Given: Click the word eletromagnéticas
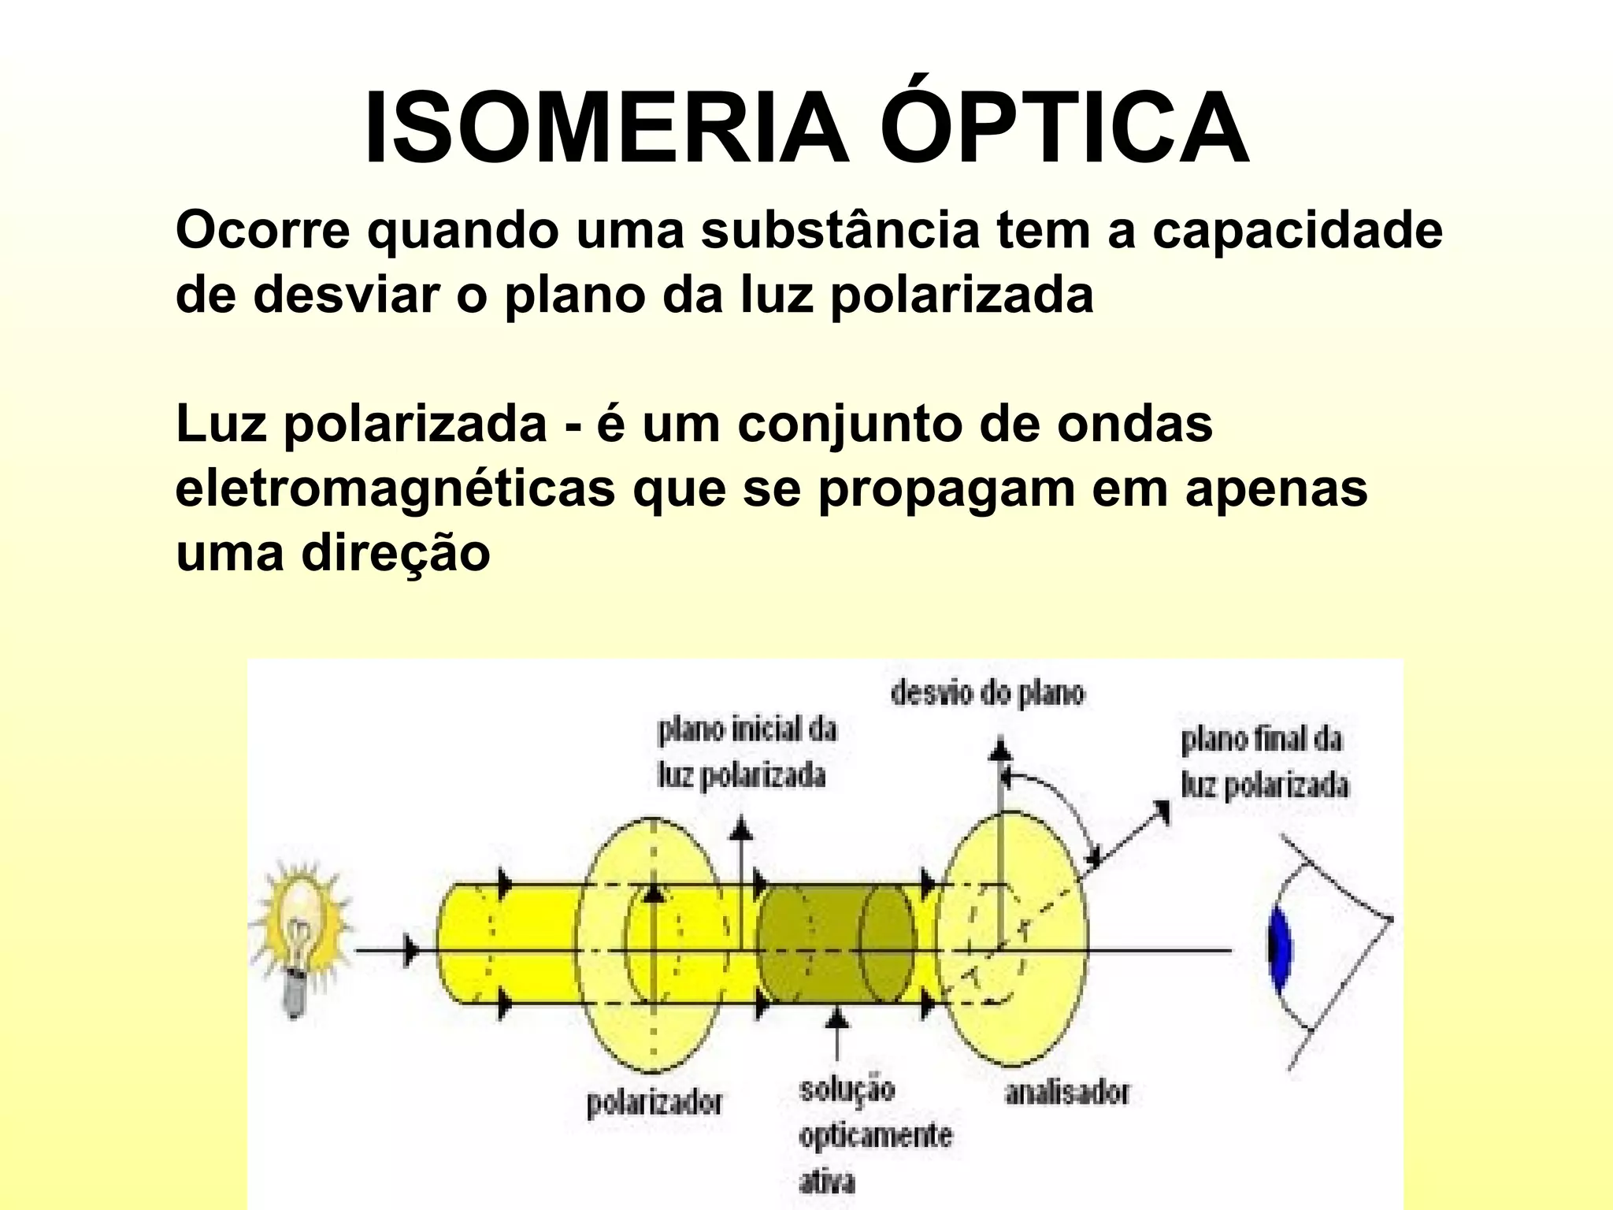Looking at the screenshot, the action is tap(395, 488).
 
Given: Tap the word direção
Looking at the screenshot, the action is tap(395, 552).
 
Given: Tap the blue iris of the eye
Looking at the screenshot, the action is tap(1280, 949).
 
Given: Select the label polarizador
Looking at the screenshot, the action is tap(654, 1103).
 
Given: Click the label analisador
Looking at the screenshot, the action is tap(1067, 1093).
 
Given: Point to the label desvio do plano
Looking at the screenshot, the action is tap(988, 693).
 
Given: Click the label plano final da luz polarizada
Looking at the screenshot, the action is tap(1263, 763).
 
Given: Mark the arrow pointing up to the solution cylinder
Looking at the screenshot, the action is tap(837, 1032).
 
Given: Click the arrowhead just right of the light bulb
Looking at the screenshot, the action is tap(410, 951).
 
